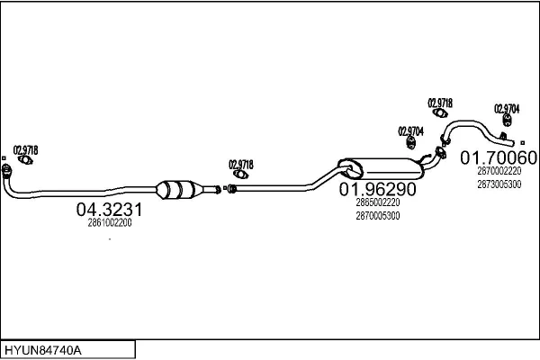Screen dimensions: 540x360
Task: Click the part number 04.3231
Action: point(109,210)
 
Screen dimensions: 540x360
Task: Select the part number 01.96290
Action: point(378,189)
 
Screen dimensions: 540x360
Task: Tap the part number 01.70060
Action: point(499,157)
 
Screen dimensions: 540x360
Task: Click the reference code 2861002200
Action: point(110,223)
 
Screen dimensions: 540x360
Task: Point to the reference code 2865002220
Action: point(378,202)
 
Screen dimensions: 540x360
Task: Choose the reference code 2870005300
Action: point(378,216)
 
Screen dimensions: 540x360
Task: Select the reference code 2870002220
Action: point(499,171)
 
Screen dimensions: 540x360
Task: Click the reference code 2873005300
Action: point(499,184)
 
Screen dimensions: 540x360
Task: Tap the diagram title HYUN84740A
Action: point(43,350)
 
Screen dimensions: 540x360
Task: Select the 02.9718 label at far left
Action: point(25,150)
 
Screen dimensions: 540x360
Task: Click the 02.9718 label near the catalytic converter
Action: point(241,165)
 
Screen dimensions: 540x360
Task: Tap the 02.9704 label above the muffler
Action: point(411,131)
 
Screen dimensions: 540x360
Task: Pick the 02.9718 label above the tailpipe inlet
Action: point(440,103)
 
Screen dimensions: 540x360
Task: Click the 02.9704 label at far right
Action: point(507,109)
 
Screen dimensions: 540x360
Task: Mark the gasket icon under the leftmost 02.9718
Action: point(25,160)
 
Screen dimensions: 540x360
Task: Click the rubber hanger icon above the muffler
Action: point(410,142)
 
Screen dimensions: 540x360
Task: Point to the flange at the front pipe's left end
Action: point(6,170)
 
